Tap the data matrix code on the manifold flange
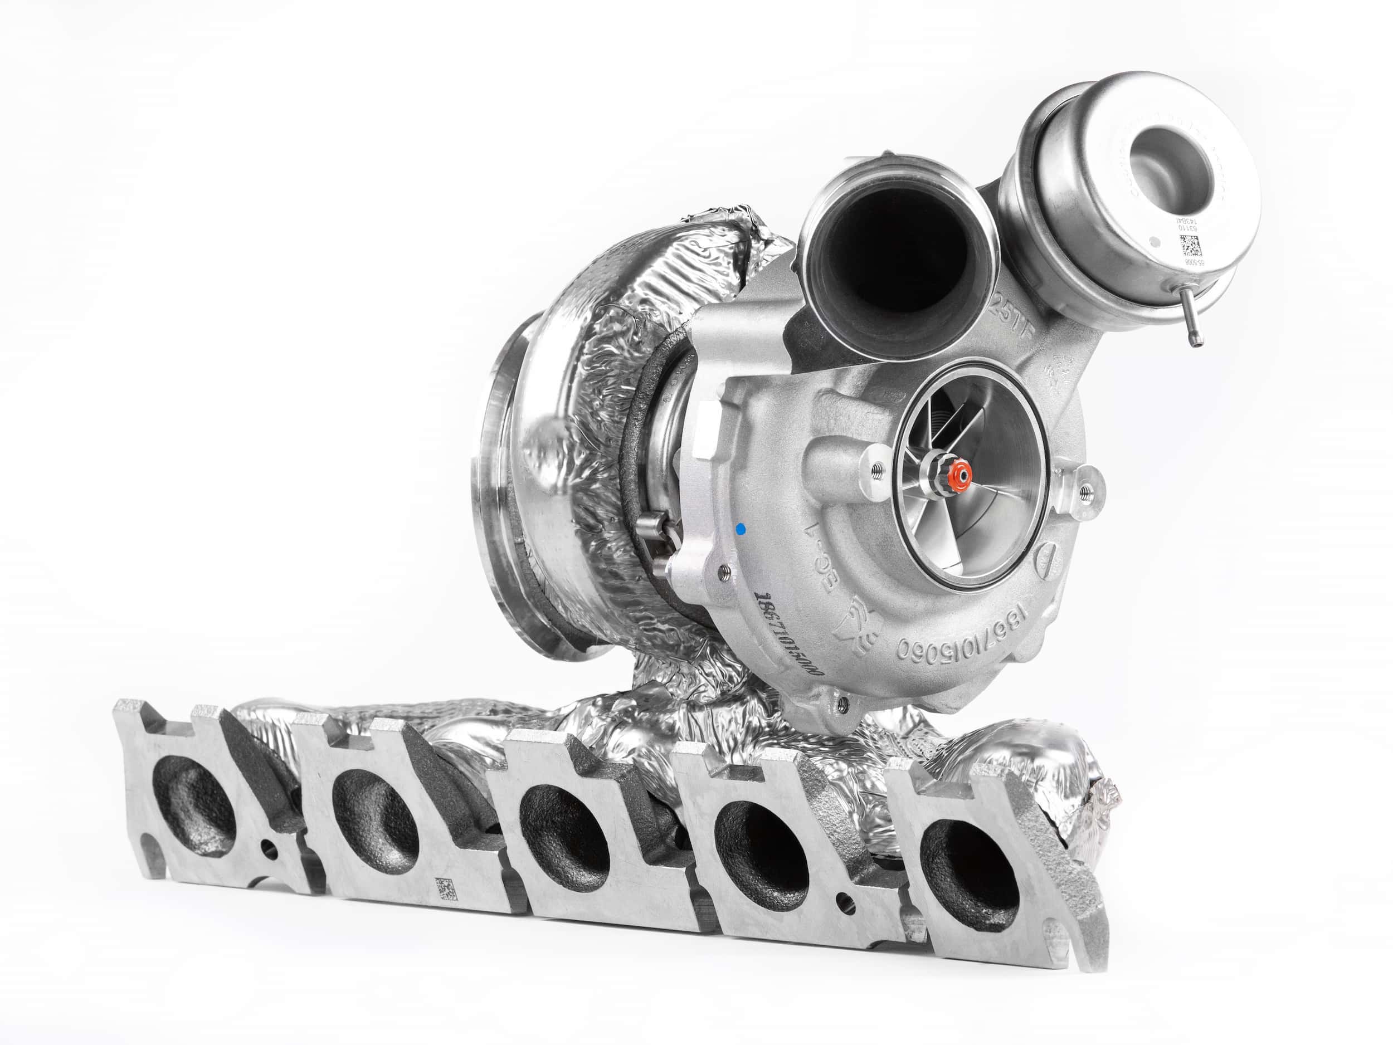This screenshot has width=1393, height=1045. click(445, 889)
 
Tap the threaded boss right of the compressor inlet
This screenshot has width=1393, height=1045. click(1084, 487)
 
